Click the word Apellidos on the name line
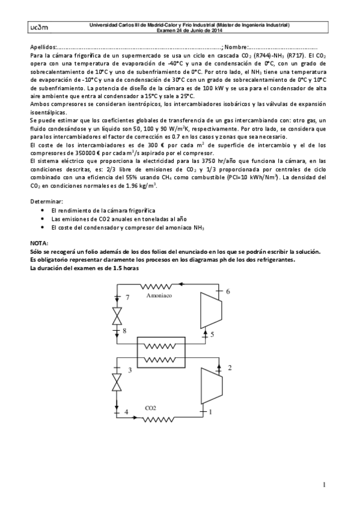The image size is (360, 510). click(41, 47)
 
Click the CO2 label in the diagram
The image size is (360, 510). click(150, 408)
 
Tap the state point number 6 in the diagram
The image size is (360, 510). click(228, 291)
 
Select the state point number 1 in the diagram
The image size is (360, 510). click(210, 412)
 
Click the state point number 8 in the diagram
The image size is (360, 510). click(124, 330)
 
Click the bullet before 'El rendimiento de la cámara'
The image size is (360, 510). click(41, 212)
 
